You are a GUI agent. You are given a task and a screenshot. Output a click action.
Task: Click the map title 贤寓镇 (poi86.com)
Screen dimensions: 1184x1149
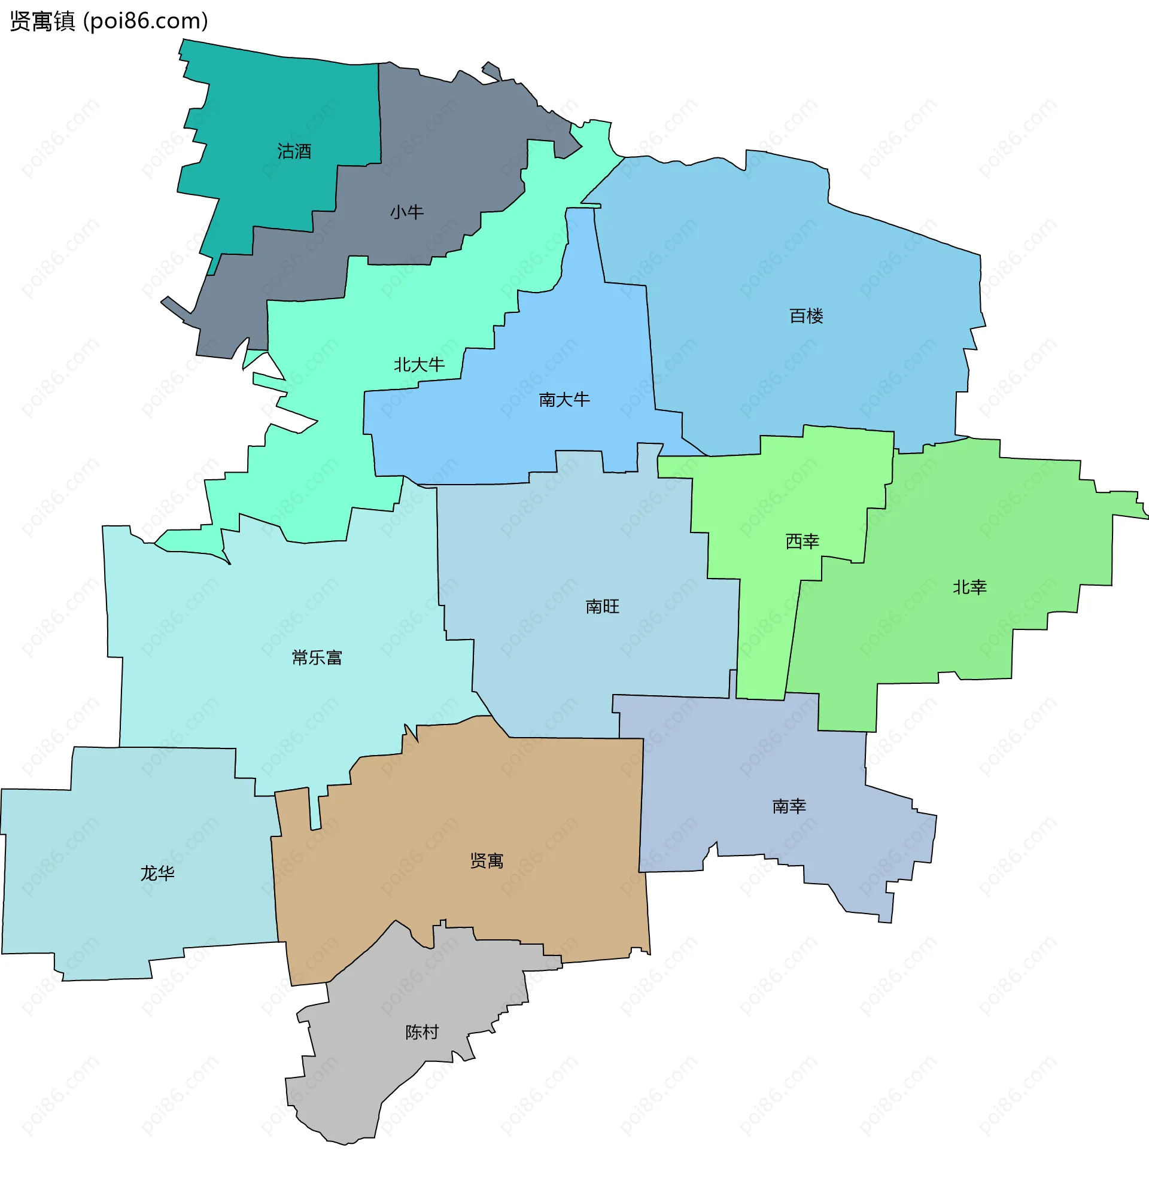coord(109,21)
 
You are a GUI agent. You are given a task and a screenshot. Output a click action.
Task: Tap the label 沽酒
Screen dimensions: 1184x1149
coord(294,151)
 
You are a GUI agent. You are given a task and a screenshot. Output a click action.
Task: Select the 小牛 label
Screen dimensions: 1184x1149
coord(406,212)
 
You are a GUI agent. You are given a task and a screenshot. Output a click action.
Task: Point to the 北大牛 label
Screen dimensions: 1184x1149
coord(419,365)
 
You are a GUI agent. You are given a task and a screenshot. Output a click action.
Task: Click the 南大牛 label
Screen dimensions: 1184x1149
coord(564,399)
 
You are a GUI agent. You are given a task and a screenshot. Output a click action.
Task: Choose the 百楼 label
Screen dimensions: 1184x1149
coord(806,316)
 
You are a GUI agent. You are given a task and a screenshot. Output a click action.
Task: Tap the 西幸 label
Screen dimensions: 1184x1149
coord(802,541)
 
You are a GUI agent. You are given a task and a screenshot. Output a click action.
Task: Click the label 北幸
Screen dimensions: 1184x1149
coord(969,587)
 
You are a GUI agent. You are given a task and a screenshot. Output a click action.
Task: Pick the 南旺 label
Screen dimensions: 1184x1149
coord(602,607)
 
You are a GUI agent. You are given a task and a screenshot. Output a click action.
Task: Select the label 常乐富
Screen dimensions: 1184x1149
coord(317,658)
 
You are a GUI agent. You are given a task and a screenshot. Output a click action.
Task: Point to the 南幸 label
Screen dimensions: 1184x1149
coord(789,806)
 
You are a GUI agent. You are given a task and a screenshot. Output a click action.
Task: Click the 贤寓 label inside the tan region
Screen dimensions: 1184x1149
coord(487,861)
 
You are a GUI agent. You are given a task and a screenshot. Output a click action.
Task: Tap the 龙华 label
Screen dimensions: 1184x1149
coord(157,873)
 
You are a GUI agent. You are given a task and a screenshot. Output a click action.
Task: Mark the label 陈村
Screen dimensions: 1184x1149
coord(422,1032)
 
